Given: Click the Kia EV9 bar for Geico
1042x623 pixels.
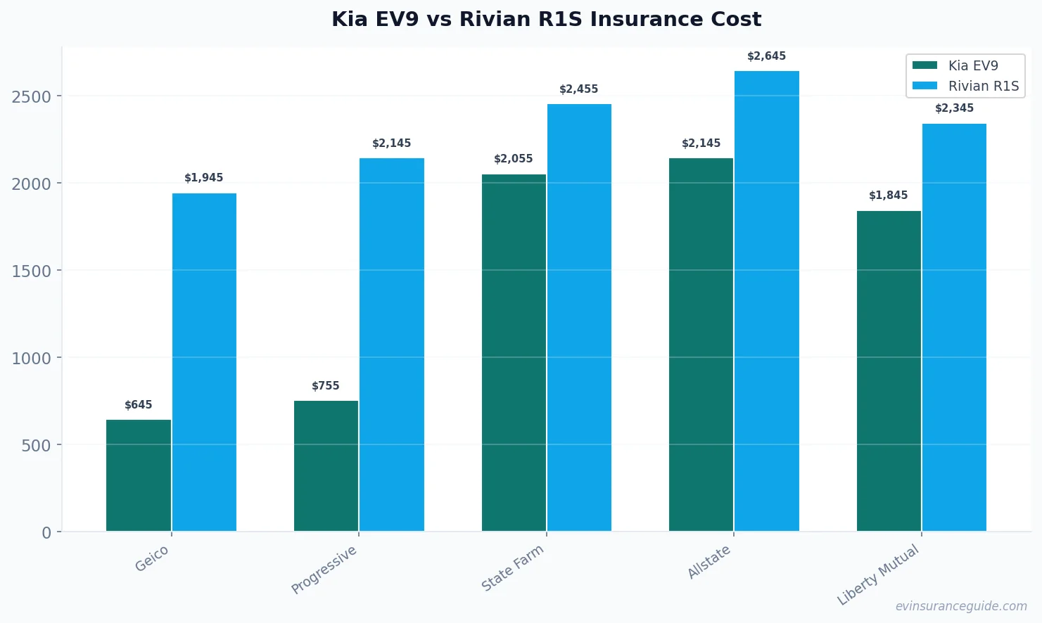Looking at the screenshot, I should pyautogui.click(x=139, y=475).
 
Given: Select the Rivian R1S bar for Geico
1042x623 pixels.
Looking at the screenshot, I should pyautogui.click(x=204, y=362).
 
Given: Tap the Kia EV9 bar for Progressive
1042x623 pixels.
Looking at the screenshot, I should pyautogui.click(x=326, y=465).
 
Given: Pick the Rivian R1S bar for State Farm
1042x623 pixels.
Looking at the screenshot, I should pyautogui.click(x=579, y=318).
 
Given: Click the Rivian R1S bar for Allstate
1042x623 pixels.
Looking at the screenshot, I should pyautogui.click(x=766, y=301).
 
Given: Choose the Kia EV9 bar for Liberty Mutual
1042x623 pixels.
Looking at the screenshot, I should pyautogui.click(x=889, y=371).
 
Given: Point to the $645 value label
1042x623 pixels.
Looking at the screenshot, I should pyautogui.click(x=139, y=405).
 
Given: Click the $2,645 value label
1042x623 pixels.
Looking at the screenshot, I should pyautogui.click(x=766, y=56).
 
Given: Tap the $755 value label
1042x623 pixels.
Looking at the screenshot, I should pyautogui.click(x=326, y=386).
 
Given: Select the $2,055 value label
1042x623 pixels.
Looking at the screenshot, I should pyautogui.click(x=514, y=159).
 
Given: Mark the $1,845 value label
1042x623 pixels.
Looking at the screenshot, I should pyautogui.click(x=889, y=195).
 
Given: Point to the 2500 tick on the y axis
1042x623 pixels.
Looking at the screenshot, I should pyautogui.click(x=32, y=96).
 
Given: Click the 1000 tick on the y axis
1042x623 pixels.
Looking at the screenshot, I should pyautogui.click(x=32, y=358).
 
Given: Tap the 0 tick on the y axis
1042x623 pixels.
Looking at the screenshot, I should pyautogui.click(x=46, y=532).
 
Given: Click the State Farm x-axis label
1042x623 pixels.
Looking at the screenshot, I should pyautogui.click(x=513, y=567).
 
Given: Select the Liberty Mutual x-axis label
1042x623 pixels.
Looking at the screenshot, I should pyautogui.click(x=878, y=574).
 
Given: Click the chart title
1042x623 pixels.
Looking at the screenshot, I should pyautogui.click(x=546, y=19).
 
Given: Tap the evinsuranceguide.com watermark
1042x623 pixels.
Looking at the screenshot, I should pyautogui.click(x=960, y=606).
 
